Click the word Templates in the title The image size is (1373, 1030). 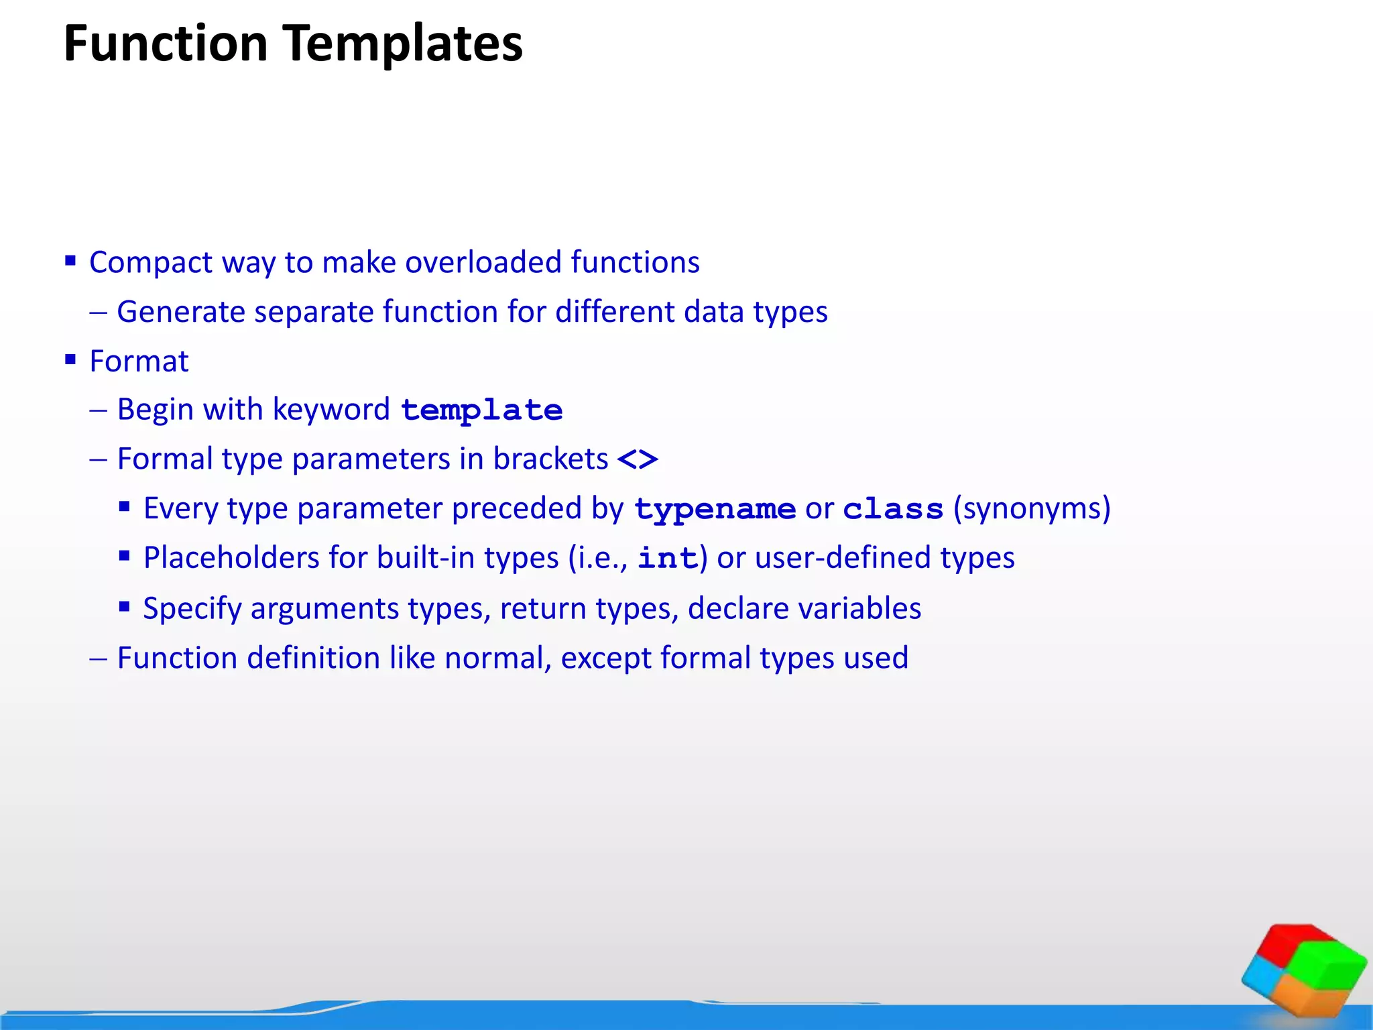click(402, 44)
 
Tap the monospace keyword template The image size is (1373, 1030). click(481, 410)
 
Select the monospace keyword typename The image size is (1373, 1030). click(715, 510)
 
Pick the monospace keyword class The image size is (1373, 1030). click(893, 510)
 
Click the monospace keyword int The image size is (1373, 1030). click(668, 559)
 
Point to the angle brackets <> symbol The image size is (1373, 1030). click(638, 460)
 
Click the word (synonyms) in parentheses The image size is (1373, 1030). click(1032, 508)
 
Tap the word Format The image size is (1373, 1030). click(139, 361)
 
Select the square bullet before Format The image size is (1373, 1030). click(70, 359)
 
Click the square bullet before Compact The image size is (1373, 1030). click(70, 260)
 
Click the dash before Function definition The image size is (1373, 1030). click(98, 659)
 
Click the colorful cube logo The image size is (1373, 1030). click(1303, 970)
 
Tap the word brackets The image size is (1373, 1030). click(550, 459)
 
